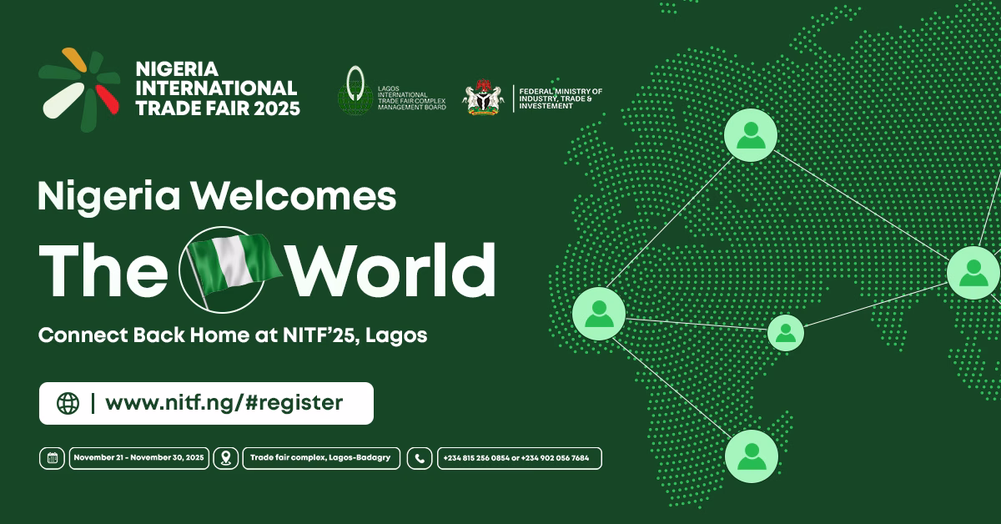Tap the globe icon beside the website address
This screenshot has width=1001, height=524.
click(x=68, y=404)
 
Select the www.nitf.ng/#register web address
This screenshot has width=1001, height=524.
click(x=224, y=403)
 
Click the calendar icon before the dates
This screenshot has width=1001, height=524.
click(x=52, y=458)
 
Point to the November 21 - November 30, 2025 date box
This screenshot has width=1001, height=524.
click(x=138, y=458)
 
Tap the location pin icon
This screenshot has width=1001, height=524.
click(x=224, y=458)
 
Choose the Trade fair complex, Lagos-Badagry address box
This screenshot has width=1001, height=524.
click(x=321, y=458)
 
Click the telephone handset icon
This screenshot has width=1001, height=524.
click(x=420, y=458)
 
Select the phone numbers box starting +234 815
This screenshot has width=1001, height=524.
click(x=519, y=458)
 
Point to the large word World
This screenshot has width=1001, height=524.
click(x=391, y=271)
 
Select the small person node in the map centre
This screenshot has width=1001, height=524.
click(x=785, y=332)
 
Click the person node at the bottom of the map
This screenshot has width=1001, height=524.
click(x=751, y=456)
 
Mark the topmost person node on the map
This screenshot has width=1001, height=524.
click(x=750, y=134)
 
